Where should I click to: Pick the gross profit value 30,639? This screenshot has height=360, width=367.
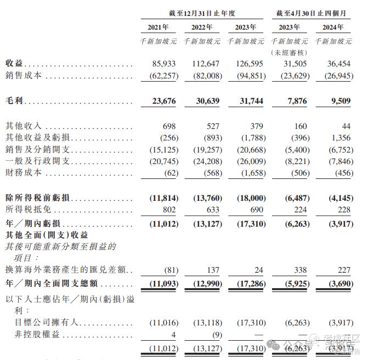pos(206,101)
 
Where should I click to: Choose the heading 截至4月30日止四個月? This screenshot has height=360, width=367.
pos(310,12)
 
